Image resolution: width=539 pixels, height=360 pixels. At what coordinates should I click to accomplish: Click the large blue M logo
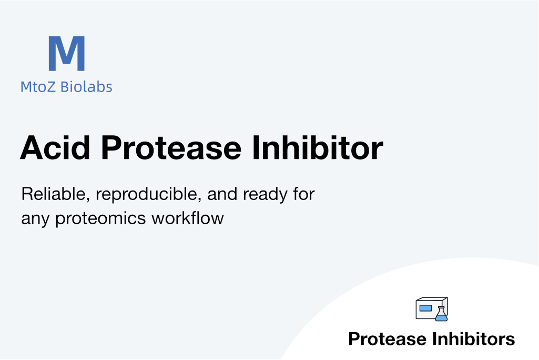tap(67, 53)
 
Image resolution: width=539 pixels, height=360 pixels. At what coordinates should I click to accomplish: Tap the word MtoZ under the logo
tap(38, 87)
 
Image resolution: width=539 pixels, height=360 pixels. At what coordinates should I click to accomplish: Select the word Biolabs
tap(86, 86)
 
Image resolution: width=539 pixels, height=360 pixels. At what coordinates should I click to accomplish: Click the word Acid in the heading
tap(55, 148)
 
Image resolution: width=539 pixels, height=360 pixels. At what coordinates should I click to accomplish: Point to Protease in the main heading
tap(171, 148)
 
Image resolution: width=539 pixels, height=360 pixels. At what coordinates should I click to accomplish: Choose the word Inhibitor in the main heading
tap(318, 148)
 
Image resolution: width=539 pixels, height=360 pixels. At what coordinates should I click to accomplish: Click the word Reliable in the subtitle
tap(56, 194)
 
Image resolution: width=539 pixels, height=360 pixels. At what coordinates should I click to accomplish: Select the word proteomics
tap(100, 219)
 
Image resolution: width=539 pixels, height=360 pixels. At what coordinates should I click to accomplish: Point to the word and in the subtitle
tap(222, 194)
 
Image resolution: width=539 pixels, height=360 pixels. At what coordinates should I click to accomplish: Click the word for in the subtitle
tap(304, 194)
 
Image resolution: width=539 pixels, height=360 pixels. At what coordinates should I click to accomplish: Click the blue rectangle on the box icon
tap(425, 308)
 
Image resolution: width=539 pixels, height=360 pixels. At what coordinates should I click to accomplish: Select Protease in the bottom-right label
tap(388, 339)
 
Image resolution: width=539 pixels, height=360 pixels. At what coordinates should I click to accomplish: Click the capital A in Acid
tap(33, 148)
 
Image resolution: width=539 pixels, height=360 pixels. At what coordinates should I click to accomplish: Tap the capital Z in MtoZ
tap(51, 87)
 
